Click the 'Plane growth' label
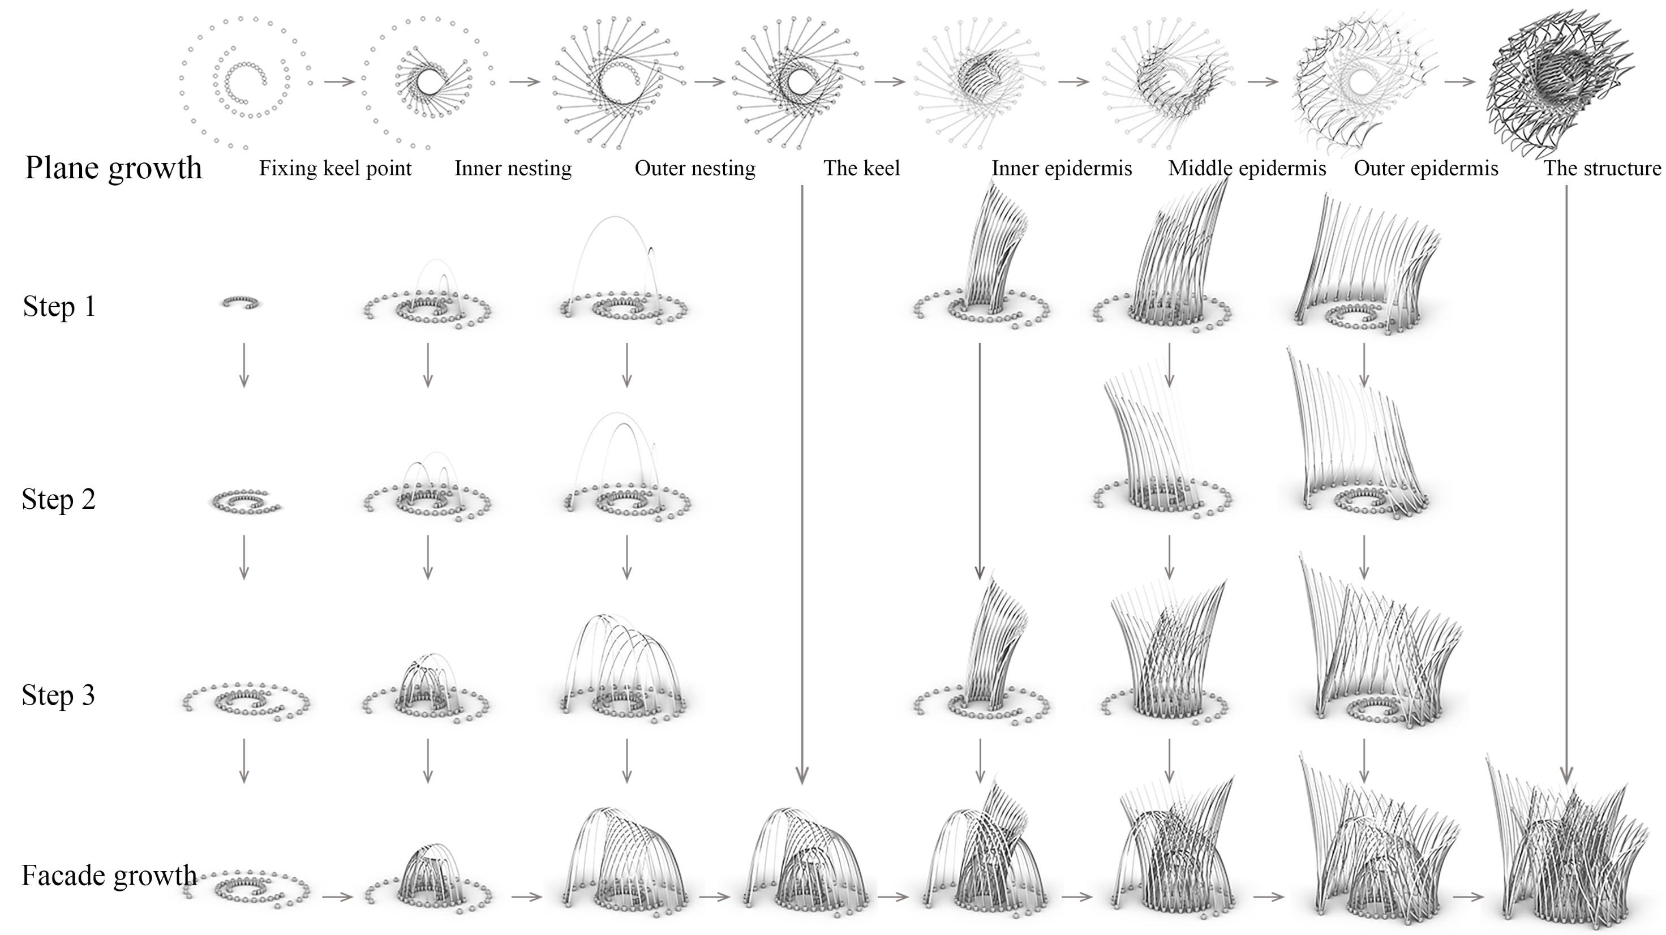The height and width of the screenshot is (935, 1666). [x=113, y=168]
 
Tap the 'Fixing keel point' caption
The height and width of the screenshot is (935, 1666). [x=335, y=169]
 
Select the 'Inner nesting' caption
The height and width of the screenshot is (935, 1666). [x=513, y=169]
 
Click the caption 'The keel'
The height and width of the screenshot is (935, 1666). [x=861, y=169]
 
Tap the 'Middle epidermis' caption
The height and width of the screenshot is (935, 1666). [x=1247, y=169]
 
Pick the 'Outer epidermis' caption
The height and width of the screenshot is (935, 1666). [x=1425, y=169]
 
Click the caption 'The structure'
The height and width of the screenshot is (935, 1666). [x=1602, y=169]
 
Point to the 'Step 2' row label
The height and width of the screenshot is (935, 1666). [x=58, y=499]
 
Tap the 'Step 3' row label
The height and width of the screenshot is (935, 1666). [x=58, y=695]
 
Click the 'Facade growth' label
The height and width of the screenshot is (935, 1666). [x=109, y=876]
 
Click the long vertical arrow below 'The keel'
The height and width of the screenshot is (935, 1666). [x=802, y=485]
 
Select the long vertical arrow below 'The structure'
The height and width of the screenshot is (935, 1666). [x=1566, y=485]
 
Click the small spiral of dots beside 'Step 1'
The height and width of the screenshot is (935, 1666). [x=242, y=301]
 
